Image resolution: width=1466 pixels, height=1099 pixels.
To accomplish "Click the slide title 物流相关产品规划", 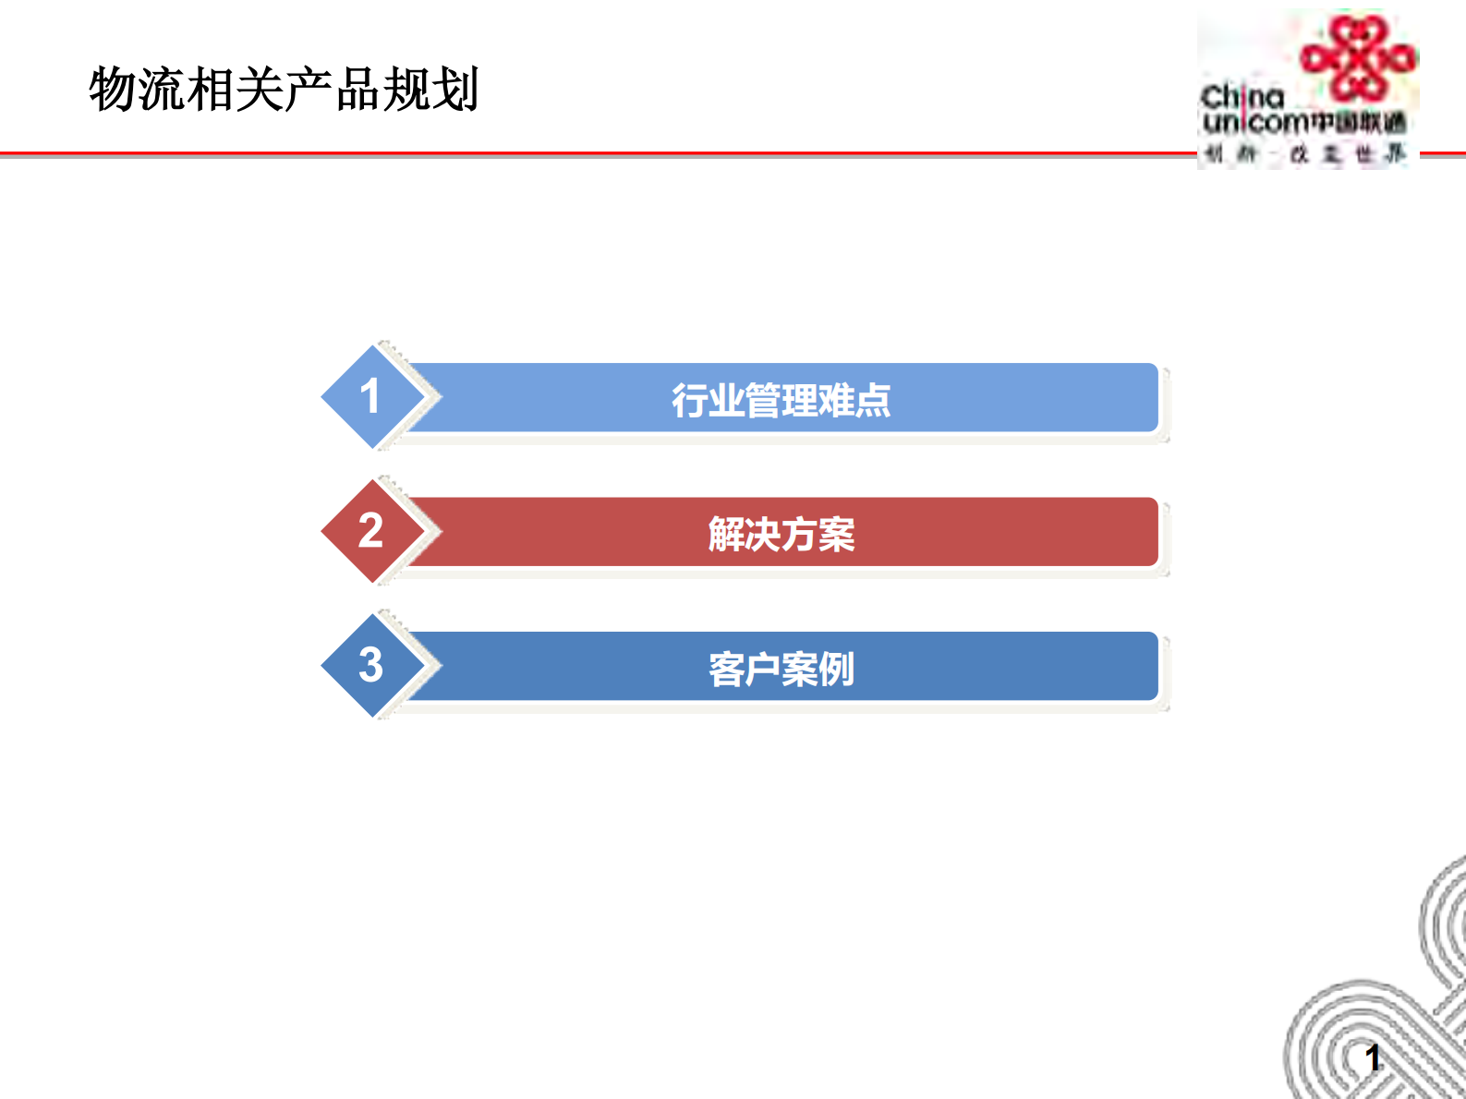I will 284,90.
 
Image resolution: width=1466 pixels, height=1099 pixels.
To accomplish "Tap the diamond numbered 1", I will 370,397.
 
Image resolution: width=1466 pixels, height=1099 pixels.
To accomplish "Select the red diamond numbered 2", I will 370,531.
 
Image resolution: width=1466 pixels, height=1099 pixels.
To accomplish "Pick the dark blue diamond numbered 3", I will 370,665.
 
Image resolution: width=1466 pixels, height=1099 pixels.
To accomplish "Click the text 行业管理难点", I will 781,401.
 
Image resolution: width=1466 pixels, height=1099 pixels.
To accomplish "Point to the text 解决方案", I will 781,535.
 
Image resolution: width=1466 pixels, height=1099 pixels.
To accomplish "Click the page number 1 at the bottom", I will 1373,1058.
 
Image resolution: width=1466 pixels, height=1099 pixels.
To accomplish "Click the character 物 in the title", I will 113,90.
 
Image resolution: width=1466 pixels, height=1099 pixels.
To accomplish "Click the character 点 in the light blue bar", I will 872,401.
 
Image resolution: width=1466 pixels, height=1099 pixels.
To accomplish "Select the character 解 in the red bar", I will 726,535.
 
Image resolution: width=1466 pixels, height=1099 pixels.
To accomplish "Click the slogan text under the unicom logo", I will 1304,154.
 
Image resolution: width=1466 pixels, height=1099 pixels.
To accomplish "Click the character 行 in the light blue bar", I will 690,401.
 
